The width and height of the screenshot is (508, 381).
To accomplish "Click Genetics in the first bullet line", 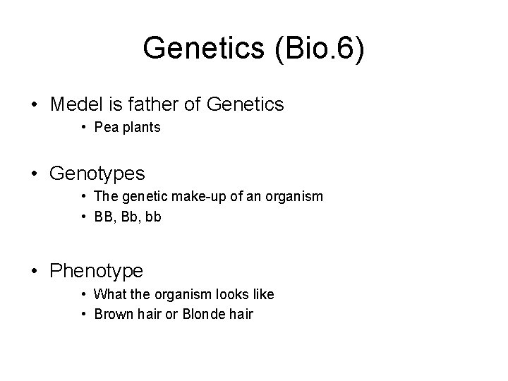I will pyautogui.click(x=246, y=105).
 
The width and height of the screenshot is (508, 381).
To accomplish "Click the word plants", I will pyautogui.click(x=140, y=128).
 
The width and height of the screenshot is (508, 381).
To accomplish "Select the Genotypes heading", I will pyautogui.click(x=98, y=173).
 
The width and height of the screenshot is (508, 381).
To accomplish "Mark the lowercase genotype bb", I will pyautogui.click(x=153, y=217).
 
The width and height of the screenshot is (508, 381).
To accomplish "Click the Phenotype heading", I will pyautogui.click(x=97, y=270).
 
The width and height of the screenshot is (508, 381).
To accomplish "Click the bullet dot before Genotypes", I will pyautogui.click(x=35, y=174).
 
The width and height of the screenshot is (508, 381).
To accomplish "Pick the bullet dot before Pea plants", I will pyautogui.click(x=83, y=128).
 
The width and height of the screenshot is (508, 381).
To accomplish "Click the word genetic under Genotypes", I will pyautogui.click(x=141, y=196).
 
